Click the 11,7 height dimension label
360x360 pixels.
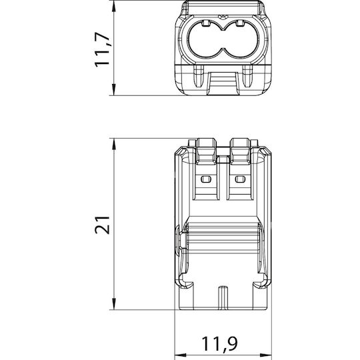tap(102, 49)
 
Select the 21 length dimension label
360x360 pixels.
tap(102, 225)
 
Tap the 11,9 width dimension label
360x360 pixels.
tap(219, 343)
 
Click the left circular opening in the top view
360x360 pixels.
tap(205, 39)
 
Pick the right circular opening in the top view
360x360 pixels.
tap(240, 39)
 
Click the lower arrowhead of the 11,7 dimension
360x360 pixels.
tap(113, 89)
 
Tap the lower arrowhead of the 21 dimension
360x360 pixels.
tap(113, 304)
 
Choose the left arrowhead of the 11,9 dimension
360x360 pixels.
tap(181, 355)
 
